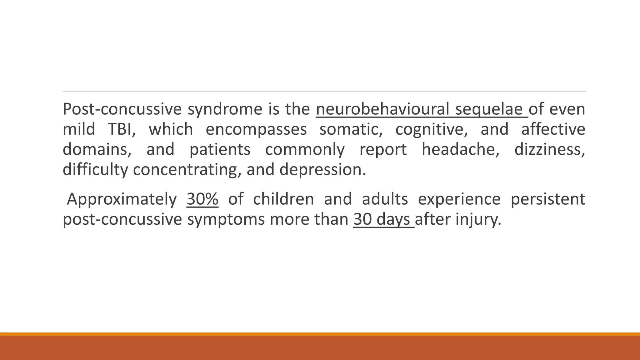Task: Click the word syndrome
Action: coord(225,109)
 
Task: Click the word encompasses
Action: coord(256,129)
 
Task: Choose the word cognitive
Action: coord(432,129)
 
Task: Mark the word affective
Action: coord(553,129)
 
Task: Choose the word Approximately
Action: coord(122,199)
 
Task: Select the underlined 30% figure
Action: coord(202,199)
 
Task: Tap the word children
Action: coord(283,199)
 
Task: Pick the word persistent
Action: coord(548,199)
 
